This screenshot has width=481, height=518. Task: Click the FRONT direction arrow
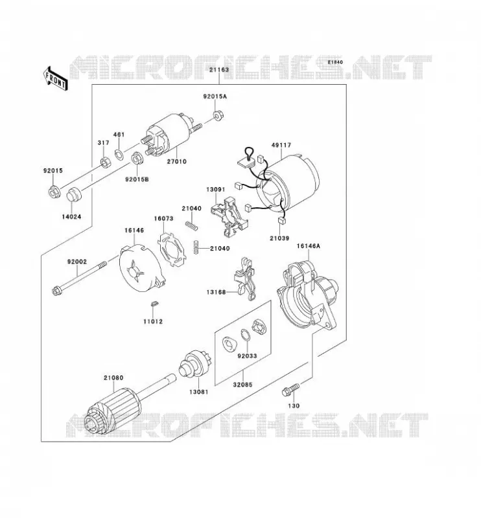pyautogui.click(x=56, y=78)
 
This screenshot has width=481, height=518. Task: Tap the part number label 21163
pyautogui.click(x=219, y=70)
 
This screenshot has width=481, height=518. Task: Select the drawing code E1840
pyautogui.click(x=335, y=62)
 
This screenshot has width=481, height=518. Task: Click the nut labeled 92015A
pyautogui.click(x=218, y=116)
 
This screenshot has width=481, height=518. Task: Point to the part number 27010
pyautogui.click(x=176, y=161)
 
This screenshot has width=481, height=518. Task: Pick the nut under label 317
pyautogui.click(x=106, y=163)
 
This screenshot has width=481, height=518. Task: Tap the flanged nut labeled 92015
pyautogui.click(x=54, y=192)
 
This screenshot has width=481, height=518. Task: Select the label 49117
pyautogui.click(x=281, y=145)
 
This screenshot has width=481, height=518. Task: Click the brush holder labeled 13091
pyautogui.click(x=229, y=217)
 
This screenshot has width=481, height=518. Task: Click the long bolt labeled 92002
pyautogui.click(x=79, y=277)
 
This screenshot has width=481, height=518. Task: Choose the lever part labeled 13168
pyautogui.click(x=247, y=279)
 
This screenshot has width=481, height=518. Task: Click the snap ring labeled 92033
pyautogui.click(x=245, y=334)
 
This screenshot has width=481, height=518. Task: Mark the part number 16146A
pyautogui.click(x=309, y=246)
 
